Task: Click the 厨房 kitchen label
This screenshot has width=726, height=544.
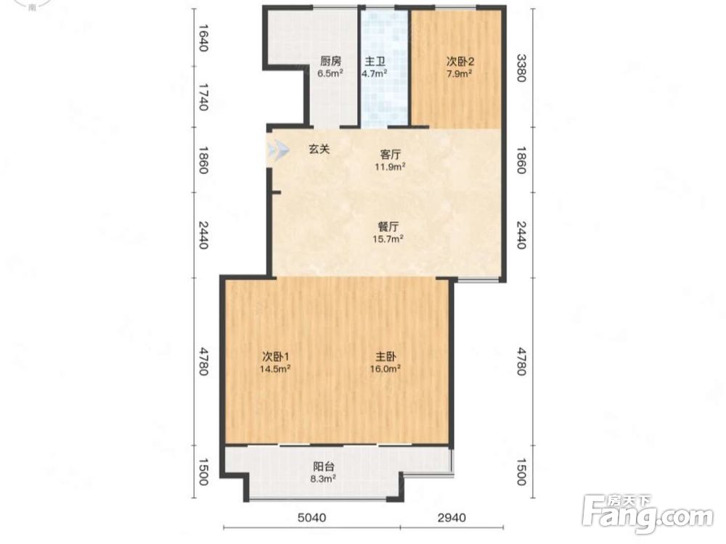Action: point(330,61)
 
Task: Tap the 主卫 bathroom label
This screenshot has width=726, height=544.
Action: point(375,61)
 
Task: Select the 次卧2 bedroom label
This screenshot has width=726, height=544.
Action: point(460,61)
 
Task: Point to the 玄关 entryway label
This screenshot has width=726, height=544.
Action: point(319,149)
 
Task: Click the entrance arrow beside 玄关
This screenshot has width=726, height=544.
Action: point(278,150)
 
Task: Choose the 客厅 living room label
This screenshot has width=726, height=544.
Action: point(391,154)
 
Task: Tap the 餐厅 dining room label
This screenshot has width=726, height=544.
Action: point(388,226)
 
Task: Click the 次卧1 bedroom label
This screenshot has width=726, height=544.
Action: point(275,357)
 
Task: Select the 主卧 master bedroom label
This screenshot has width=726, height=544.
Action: point(386,357)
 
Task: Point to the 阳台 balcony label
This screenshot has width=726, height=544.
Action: point(324,466)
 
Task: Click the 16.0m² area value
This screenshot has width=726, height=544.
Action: point(386,368)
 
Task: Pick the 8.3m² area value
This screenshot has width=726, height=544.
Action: point(324,479)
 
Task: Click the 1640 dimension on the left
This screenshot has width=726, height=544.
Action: point(203,38)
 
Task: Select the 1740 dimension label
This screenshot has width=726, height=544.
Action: point(203,97)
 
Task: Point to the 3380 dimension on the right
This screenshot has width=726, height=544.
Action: point(521,68)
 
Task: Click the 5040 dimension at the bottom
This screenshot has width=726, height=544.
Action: point(311,517)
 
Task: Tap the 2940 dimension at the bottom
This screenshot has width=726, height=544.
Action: point(452,517)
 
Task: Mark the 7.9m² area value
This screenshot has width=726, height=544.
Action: point(460,73)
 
